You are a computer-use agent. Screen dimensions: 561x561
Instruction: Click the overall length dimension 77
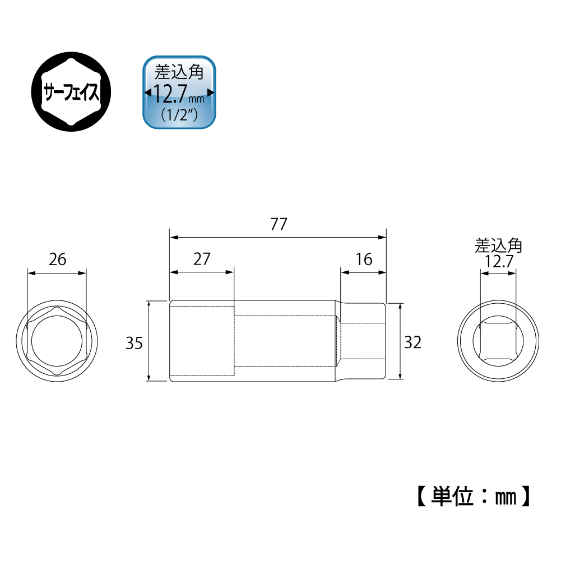point(279,224)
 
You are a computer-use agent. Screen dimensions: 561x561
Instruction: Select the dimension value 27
point(202,259)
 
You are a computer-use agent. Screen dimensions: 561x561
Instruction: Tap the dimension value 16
point(364,259)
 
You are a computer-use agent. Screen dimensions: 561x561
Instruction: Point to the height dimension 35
point(134,343)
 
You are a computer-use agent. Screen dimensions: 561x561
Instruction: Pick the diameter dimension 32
point(413,342)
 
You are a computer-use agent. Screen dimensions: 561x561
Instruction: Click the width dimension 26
point(58,259)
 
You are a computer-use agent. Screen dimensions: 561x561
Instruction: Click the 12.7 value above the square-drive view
point(499,262)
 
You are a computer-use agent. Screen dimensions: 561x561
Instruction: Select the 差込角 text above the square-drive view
point(498,246)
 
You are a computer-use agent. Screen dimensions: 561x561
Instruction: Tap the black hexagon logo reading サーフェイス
point(71,91)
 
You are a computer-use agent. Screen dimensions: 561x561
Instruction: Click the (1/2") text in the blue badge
point(179,115)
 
